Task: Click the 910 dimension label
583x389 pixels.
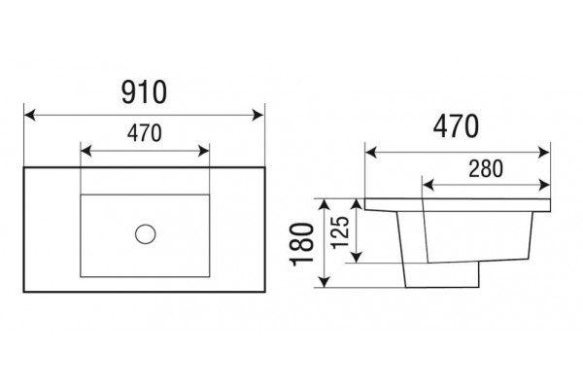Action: pyautogui.click(x=144, y=92)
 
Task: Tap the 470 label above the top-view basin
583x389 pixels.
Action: pyautogui.click(x=145, y=133)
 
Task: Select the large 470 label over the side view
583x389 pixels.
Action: pyautogui.click(x=456, y=126)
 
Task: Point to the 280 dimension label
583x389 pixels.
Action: pyautogui.click(x=486, y=168)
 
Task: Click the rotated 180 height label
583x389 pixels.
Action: pyautogui.click(x=302, y=244)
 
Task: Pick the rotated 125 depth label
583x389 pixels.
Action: pyautogui.click(x=340, y=232)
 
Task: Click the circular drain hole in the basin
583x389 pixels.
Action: pyautogui.click(x=146, y=234)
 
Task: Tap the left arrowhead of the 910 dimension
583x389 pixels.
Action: pyautogui.click(x=30, y=115)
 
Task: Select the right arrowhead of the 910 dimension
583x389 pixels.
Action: pyautogui.click(x=258, y=115)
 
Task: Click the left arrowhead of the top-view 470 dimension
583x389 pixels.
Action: pyautogui.click(x=86, y=151)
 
